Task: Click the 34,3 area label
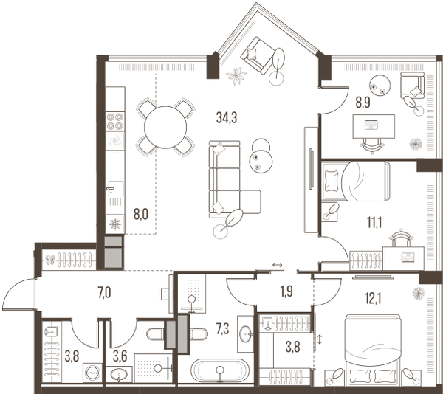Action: pos(227,118)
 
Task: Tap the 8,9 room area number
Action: pos(363,103)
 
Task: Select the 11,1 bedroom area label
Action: pos(374,222)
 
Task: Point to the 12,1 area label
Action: pos(373,299)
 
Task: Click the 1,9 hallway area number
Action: pos(286,291)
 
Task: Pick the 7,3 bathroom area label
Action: pos(222,329)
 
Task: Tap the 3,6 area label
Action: pos(120,357)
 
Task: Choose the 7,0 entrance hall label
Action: pos(104,293)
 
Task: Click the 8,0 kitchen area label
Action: pos(141,215)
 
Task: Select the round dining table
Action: pos(165,127)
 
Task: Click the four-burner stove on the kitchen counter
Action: pos(115,121)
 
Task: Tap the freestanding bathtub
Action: pos(220,370)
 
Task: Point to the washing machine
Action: pos(93,373)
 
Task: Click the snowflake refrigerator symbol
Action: pos(115,224)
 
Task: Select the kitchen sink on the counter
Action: pos(115,189)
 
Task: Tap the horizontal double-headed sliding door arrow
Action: pos(278,265)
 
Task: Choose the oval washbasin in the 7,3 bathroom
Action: pos(246,334)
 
